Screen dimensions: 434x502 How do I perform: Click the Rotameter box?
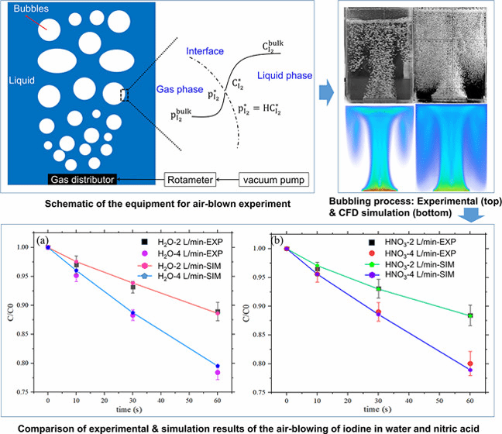click(190, 180)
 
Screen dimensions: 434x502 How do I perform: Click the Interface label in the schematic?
click(205, 53)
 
